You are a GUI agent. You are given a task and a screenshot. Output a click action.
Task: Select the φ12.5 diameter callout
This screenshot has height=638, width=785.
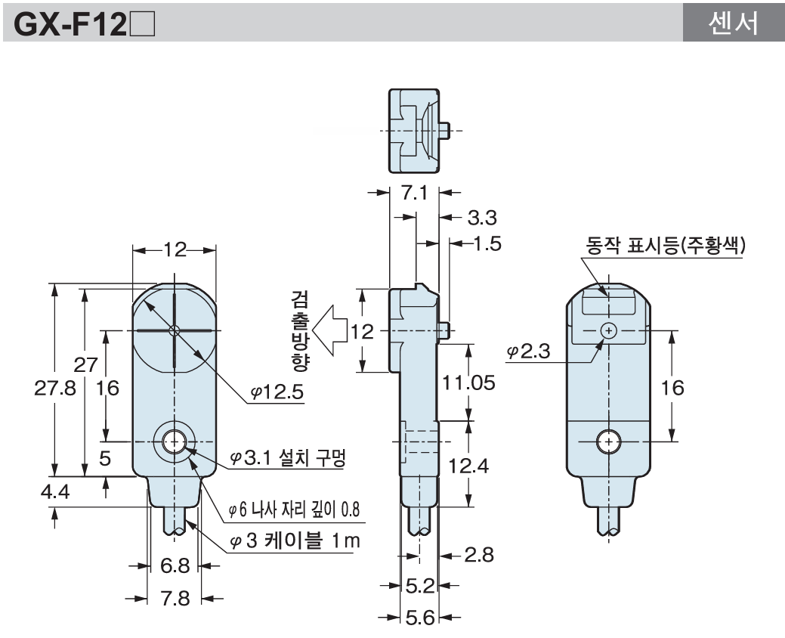tap(277, 394)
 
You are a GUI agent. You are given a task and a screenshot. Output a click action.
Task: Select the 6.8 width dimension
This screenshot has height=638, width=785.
tap(173, 566)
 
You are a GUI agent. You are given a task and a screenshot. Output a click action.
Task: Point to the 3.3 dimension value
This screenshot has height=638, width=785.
tap(484, 219)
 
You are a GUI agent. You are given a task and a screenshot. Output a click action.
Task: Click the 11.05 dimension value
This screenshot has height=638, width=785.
tap(469, 382)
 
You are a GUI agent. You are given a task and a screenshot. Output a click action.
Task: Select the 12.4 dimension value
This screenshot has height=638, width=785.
tap(469, 465)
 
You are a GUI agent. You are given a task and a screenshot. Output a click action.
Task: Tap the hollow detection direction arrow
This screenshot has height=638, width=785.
tap(332, 330)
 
